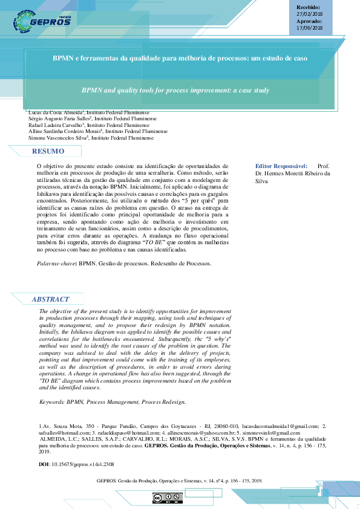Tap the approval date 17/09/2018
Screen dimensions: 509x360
(x=310, y=28)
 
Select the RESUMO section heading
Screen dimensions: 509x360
(x=48, y=151)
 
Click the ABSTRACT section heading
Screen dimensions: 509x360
(x=50, y=299)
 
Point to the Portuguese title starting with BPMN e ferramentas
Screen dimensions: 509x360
(x=180, y=59)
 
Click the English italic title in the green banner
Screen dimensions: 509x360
(x=175, y=90)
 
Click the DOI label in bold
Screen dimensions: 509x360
(x=44, y=464)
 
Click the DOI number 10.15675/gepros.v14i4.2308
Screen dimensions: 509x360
(x=82, y=464)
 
